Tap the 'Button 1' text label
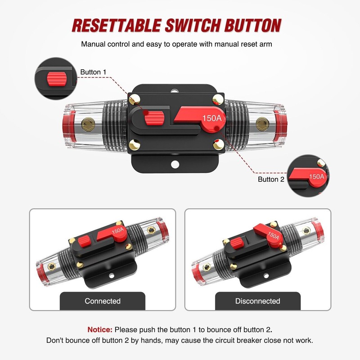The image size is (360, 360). click(94, 72)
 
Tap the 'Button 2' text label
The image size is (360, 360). click(271, 179)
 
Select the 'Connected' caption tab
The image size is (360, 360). click(103, 301)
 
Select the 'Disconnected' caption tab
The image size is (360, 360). click(257, 301)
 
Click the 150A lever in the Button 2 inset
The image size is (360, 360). click(310, 177)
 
